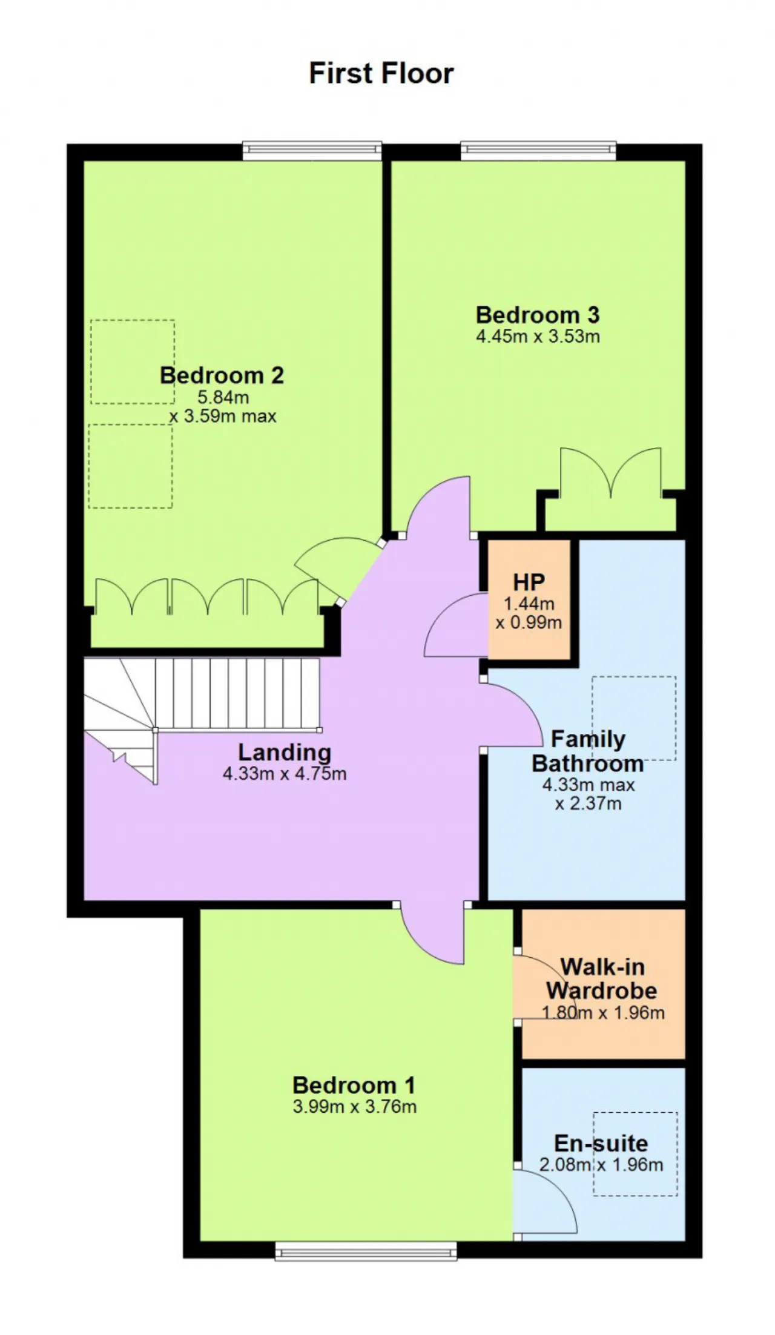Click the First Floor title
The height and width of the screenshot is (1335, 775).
click(381, 73)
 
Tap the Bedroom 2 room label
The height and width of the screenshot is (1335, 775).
click(222, 375)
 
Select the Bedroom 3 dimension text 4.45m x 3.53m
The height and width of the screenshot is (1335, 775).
click(538, 337)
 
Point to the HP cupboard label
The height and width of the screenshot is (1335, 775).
click(529, 582)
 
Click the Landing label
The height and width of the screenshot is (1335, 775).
click(285, 753)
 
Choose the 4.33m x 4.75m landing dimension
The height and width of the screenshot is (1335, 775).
click(285, 774)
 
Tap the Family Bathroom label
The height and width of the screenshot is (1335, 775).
click(587, 751)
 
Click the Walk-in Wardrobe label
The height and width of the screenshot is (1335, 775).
click(602, 978)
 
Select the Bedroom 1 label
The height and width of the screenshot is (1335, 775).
click(354, 1085)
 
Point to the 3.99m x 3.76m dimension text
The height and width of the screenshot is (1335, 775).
click(354, 1107)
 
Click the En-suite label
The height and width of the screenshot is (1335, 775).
click(601, 1143)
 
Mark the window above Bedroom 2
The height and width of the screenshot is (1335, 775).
click(312, 151)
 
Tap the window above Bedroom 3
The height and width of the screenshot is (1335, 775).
click(538, 151)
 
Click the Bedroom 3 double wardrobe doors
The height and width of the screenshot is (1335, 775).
click(611, 471)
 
